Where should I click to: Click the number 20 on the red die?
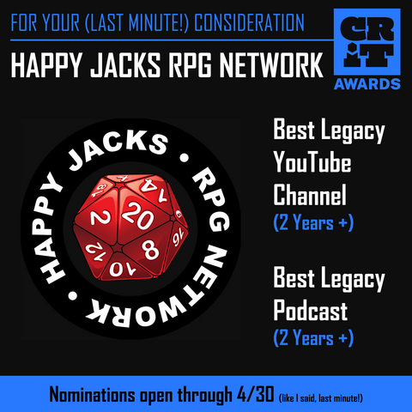point(137,215)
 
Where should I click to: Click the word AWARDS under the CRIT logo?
point(367,84)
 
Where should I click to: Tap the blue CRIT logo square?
point(367,42)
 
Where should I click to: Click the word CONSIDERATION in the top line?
point(249,22)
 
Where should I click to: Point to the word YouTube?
point(312,161)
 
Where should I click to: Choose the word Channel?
point(310,194)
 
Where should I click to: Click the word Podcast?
point(311,310)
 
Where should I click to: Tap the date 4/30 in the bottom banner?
point(255,394)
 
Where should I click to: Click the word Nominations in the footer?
point(92,395)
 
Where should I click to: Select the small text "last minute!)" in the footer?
point(341,398)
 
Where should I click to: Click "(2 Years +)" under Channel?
point(313,222)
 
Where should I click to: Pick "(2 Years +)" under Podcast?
point(313,338)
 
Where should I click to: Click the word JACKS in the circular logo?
point(118,148)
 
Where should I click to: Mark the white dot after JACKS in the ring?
point(184,158)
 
